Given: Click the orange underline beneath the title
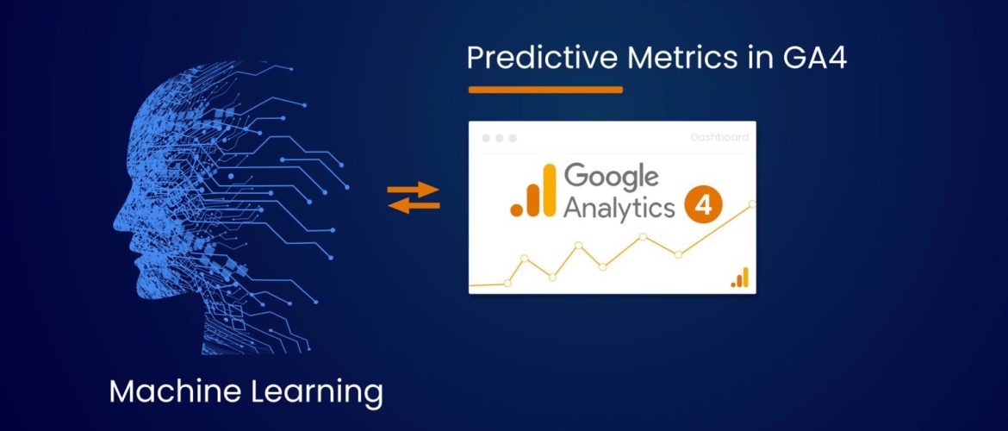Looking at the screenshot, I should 545,89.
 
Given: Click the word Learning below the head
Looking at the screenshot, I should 314,393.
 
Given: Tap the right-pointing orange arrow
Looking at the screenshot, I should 414,190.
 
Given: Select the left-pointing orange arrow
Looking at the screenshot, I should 414,205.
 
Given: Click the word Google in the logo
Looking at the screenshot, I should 612,177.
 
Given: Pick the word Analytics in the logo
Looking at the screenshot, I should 619,209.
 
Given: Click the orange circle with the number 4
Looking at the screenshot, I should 703,207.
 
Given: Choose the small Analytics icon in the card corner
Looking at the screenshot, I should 739,277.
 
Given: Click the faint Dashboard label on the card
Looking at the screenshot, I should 719,137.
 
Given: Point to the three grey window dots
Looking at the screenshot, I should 499,138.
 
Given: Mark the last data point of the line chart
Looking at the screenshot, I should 752,204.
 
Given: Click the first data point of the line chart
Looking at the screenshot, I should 507,283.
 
